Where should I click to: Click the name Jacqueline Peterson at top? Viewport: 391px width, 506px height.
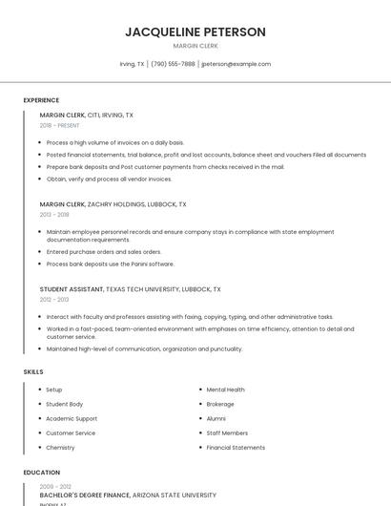[195, 32]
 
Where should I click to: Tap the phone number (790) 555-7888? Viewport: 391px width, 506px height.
[173, 64]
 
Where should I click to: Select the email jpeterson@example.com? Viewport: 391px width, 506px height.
[237, 64]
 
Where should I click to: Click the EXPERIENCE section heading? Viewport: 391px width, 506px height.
[41, 100]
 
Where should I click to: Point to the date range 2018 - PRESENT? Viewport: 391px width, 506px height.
[60, 125]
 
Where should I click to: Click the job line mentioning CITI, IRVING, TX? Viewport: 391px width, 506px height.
[87, 115]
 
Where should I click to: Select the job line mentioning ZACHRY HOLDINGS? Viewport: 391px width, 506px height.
[113, 203]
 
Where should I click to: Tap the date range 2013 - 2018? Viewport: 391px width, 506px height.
[54, 215]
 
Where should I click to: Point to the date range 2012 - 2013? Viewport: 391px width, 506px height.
[54, 300]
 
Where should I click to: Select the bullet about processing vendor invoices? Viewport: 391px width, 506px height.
[109, 179]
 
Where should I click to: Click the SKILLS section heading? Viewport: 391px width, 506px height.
[32, 371]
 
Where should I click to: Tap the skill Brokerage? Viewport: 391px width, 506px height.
[220, 404]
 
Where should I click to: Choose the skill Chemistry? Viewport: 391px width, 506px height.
[60, 447]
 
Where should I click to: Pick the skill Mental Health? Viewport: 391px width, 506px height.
[225, 390]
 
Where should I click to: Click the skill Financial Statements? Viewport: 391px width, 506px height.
[236, 447]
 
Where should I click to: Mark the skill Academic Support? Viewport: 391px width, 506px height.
[72, 418]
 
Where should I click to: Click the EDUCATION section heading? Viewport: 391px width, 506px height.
[41, 473]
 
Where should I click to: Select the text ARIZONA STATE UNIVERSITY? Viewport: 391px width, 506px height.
[175, 495]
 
